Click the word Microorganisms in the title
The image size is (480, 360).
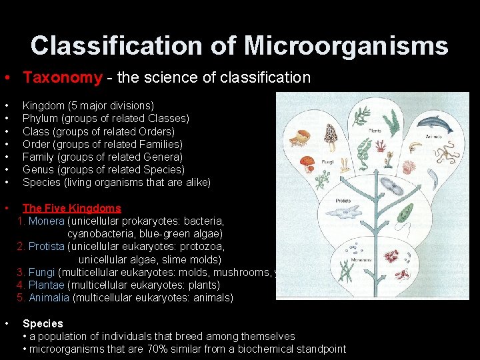pyautogui.click(x=345, y=46)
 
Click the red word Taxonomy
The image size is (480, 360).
pyautogui.click(x=63, y=77)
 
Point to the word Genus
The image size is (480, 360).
pyautogui.click(x=38, y=169)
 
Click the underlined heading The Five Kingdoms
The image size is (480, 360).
pyautogui.click(x=72, y=208)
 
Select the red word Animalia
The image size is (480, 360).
pyautogui.click(x=49, y=298)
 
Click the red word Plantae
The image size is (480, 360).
pyautogui.click(x=46, y=285)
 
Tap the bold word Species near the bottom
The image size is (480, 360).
pyautogui.click(x=43, y=323)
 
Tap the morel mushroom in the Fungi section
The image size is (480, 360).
pyautogui.click(x=331, y=137)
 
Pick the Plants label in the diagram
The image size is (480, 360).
pyautogui.click(x=375, y=131)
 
